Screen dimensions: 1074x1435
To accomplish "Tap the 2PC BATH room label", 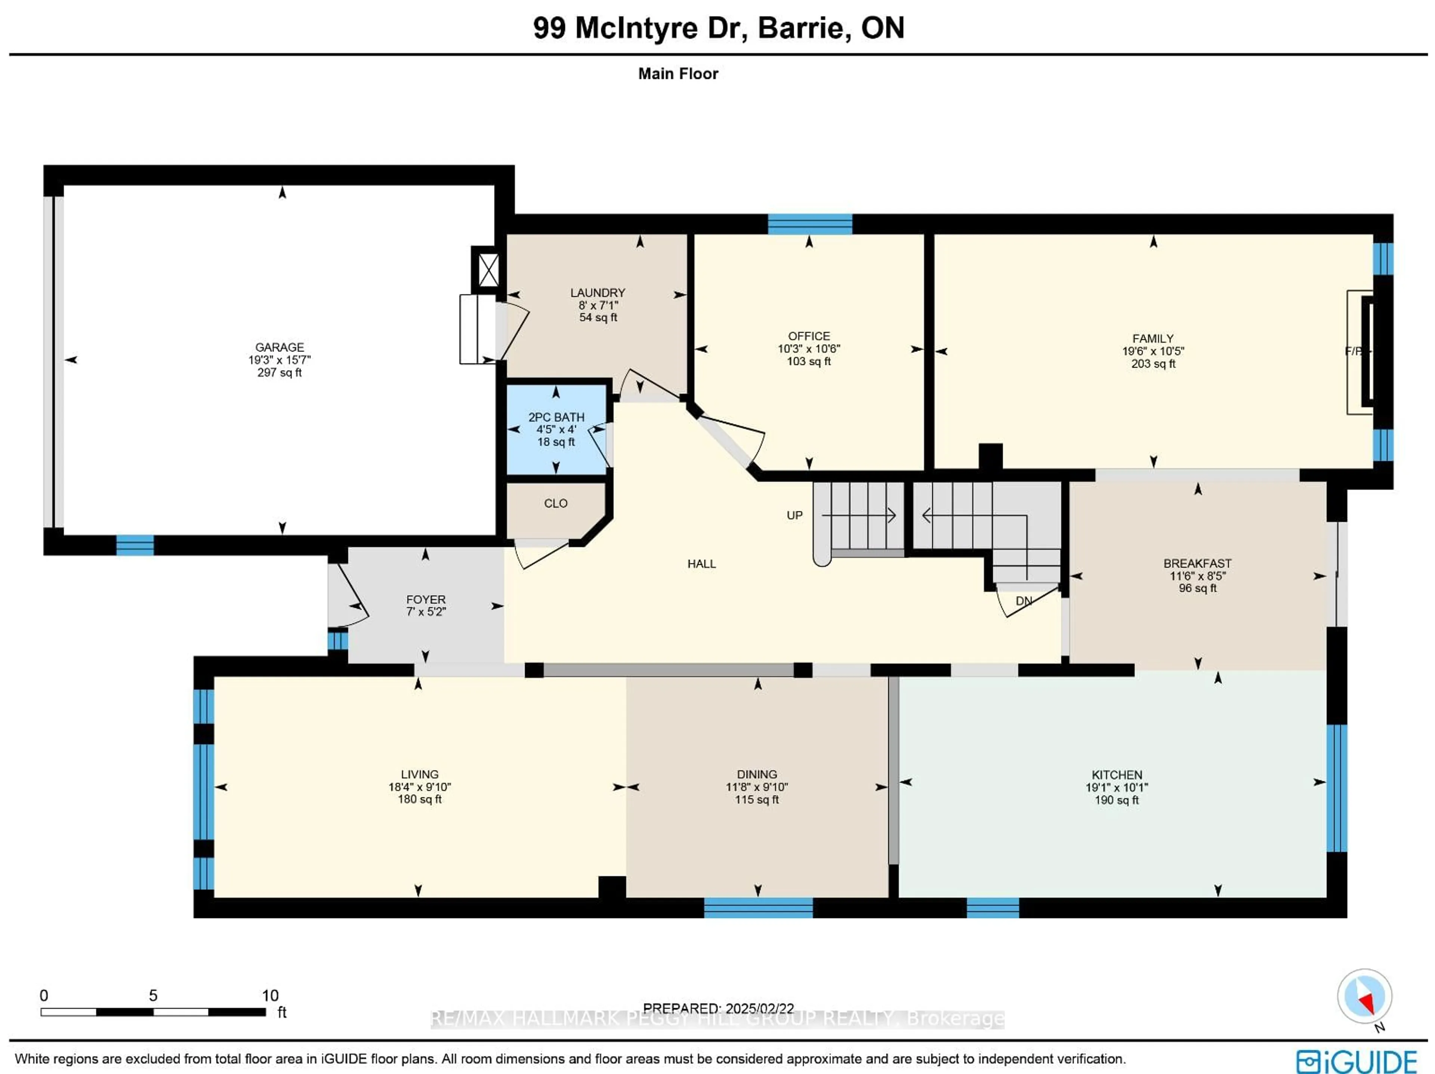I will point(556,417).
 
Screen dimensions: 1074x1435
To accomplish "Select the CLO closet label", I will point(555,503).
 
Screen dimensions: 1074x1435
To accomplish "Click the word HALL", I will point(701,564).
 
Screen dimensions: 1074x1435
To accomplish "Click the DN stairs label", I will point(1024,601).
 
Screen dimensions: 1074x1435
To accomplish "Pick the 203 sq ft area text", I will point(1153,364).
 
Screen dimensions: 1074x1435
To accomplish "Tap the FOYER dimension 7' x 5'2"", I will point(426,612).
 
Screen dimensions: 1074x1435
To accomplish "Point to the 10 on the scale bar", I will point(270,996).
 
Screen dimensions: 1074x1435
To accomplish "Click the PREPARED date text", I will point(718,1009).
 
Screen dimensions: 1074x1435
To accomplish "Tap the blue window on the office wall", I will point(810,224).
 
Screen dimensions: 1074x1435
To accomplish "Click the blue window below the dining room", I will point(758,907).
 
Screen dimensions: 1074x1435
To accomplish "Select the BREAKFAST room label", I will point(1197,564).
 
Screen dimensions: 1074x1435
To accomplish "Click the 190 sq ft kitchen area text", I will point(1117,800).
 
